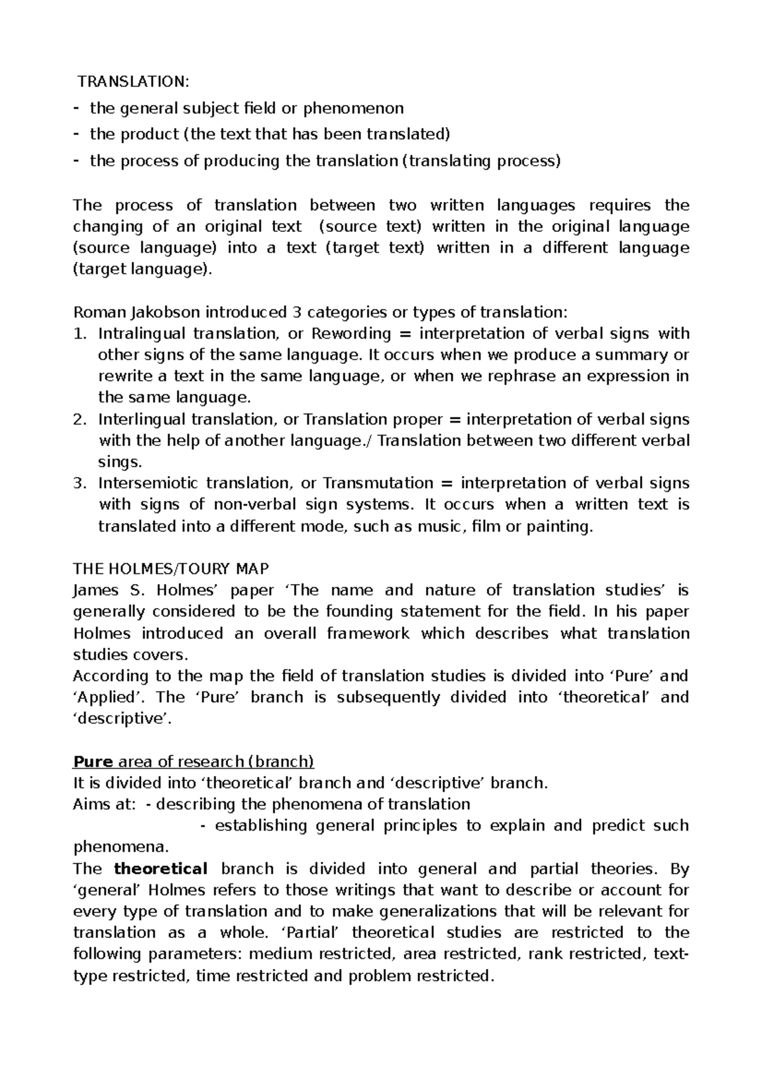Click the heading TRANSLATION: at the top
[133, 81]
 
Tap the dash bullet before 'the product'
[77, 134]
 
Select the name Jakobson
[165, 312]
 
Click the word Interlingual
[142, 419]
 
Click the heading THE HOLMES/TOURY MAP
[171, 568]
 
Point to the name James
[96, 590]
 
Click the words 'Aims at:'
[104, 804]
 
